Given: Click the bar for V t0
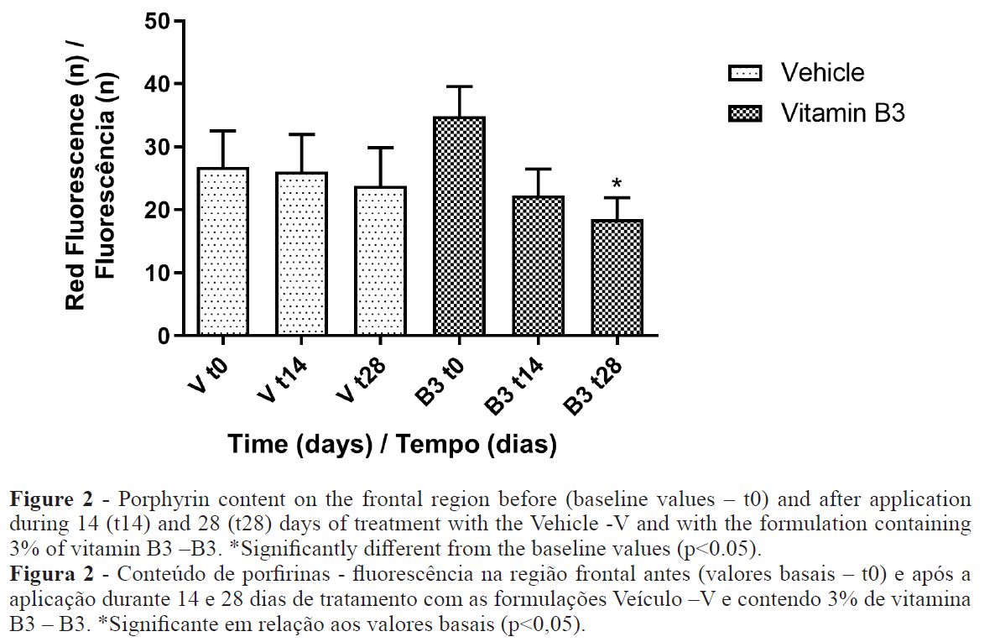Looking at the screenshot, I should coord(223,252).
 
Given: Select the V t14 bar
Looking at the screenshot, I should coord(302,254).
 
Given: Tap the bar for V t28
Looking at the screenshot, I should coord(380,261).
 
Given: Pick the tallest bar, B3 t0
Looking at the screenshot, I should coord(459,227).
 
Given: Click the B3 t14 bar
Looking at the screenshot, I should coord(538,266).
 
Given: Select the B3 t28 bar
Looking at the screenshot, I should coord(617,278).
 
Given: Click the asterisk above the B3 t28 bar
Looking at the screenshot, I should coord(617,184).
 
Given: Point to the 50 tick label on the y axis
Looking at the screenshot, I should coord(157,22).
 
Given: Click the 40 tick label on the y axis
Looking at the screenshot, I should coord(157,85).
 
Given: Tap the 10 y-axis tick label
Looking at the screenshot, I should coord(157,274).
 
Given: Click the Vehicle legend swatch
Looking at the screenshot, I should coord(744,74).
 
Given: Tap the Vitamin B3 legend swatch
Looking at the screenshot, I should coord(744,113).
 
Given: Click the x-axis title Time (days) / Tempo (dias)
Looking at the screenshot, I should coord(392,444).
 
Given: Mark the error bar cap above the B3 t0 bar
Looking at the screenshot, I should coord(459,86).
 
